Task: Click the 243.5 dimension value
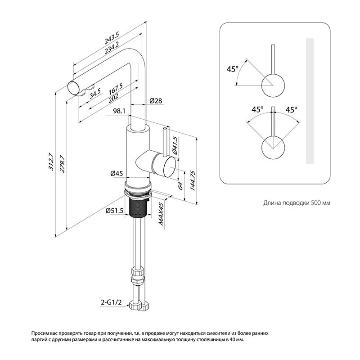[112, 38]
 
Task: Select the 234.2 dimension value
[112, 48]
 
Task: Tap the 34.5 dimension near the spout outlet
[95, 94]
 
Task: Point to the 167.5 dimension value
[116, 89]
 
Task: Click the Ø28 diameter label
[156, 100]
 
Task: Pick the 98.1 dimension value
[119, 111]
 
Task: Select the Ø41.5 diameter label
[175, 145]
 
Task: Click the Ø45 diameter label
[117, 174]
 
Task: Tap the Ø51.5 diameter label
[115, 211]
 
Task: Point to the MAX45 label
[161, 214]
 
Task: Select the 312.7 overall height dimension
[51, 162]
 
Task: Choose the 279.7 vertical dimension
[62, 164]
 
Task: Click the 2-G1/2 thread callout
[111, 302]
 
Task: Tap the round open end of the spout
[74, 88]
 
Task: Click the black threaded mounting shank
[138, 207]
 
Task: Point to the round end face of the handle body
[170, 166]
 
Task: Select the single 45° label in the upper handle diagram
[232, 69]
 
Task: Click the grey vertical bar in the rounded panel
[310, 101]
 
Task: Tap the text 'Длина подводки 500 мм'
[297, 203]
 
